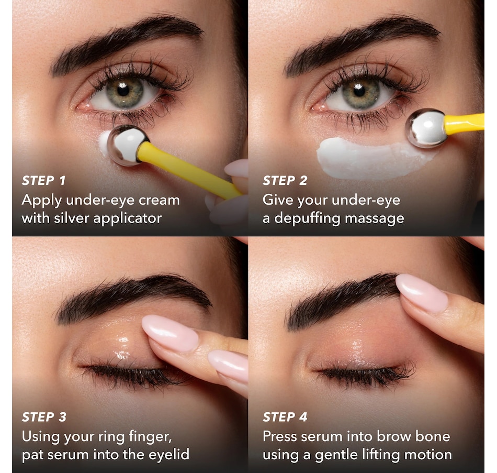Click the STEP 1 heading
[44, 180]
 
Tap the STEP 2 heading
[285, 180]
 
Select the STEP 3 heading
[44, 417]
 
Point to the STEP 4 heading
[285, 417]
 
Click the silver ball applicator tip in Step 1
[128, 146]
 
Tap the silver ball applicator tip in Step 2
[426, 128]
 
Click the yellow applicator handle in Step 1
[188, 170]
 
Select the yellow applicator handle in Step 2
[465, 124]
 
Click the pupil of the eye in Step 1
[122, 90]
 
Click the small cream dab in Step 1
[104, 143]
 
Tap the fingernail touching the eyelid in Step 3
[170, 333]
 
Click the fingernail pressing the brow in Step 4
[422, 293]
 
